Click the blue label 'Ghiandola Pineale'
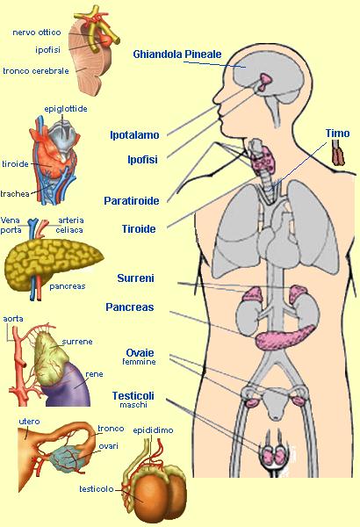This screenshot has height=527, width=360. [177, 54]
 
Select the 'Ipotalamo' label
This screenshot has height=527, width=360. [134, 135]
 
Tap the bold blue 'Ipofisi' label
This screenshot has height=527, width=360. [142, 160]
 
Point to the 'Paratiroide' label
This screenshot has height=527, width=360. [132, 200]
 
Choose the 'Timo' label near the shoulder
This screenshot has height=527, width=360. [337, 134]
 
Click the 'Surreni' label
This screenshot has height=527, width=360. [135, 278]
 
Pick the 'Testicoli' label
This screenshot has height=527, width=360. [133, 395]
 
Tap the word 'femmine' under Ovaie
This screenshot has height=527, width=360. [139, 362]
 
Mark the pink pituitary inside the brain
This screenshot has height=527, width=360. [265, 82]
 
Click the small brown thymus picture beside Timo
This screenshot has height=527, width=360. [338, 153]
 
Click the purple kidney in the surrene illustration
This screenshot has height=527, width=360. [69, 386]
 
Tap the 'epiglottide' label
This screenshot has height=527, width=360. [66, 109]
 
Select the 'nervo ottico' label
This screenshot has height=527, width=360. [37, 32]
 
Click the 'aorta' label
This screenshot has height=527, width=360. [13, 319]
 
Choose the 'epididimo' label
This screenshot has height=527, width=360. [153, 430]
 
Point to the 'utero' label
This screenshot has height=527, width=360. [29, 422]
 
